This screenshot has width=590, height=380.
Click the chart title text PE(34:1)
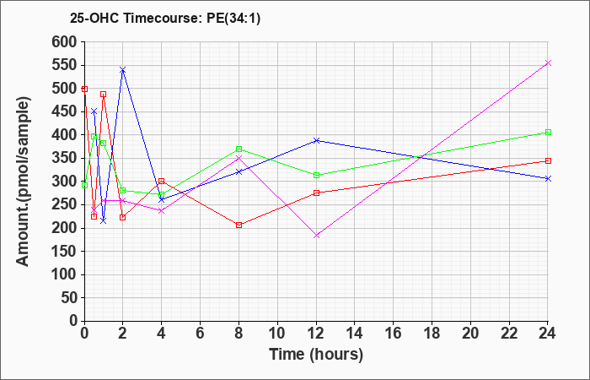tap(233, 19)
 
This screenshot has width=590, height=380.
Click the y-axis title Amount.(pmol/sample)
tap(24, 182)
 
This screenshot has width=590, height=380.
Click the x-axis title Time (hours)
tap(316, 355)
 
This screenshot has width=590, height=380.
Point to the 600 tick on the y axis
tap(65, 42)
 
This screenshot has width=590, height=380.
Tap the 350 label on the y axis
tap(65, 159)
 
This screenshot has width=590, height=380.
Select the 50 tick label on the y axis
tap(69, 298)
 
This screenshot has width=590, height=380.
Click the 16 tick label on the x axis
tap(394, 333)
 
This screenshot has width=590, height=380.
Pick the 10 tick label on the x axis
tap(277, 333)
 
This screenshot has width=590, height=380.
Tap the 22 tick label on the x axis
tap(509, 333)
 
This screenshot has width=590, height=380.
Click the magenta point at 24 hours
tap(548, 63)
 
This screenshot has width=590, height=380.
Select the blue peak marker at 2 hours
tap(123, 70)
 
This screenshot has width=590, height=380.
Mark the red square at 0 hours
tap(84, 89)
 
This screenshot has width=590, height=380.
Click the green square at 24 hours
tap(548, 133)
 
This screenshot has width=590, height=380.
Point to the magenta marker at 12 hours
tap(316, 236)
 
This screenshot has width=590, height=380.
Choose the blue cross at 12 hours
tap(316, 141)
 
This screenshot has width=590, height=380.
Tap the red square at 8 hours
tap(239, 225)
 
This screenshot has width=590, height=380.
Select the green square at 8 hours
tap(239, 149)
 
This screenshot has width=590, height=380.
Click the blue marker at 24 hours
tap(548, 179)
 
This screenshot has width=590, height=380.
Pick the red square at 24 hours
tap(548, 161)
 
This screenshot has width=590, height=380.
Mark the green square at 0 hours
tap(84, 186)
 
